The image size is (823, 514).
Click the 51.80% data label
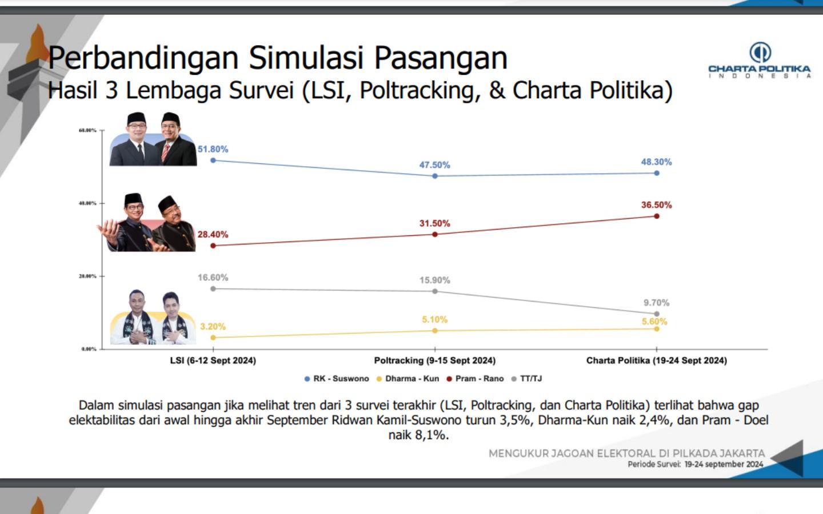click(213, 149)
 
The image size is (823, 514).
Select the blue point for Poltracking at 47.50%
click(435, 176)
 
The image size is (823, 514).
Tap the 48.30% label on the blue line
click(656, 162)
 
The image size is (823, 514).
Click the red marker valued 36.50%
click(657, 216)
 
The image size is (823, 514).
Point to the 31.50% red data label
click(435, 223)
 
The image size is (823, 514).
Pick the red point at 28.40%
click(213, 246)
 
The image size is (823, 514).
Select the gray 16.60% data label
click(213, 278)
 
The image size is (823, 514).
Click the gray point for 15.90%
click(435, 291)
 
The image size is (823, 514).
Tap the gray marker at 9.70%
click(657, 314)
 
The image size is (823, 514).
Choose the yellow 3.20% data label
click(213, 327)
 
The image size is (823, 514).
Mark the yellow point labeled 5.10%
click(435, 331)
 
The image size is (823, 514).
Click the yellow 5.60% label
click(654, 322)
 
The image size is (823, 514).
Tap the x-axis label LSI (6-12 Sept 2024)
click(213, 360)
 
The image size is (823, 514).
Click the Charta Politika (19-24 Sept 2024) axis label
click(657, 360)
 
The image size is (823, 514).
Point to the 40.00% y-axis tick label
click(87, 203)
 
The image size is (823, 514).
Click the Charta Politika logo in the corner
click(760, 60)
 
